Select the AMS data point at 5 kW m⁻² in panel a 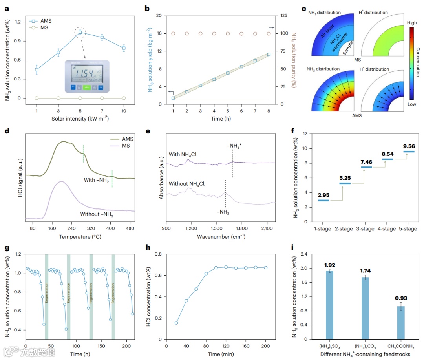tap(80, 32)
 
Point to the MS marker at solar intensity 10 tap(124, 98)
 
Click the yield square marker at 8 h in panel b tap(269, 54)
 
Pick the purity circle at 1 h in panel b tap(173, 34)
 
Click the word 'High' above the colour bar tap(412, 23)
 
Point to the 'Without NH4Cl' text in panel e tap(186, 184)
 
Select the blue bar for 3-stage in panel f tap(366, 167)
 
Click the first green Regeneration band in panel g tap(46, 296)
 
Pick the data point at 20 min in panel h tap(176, 323)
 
